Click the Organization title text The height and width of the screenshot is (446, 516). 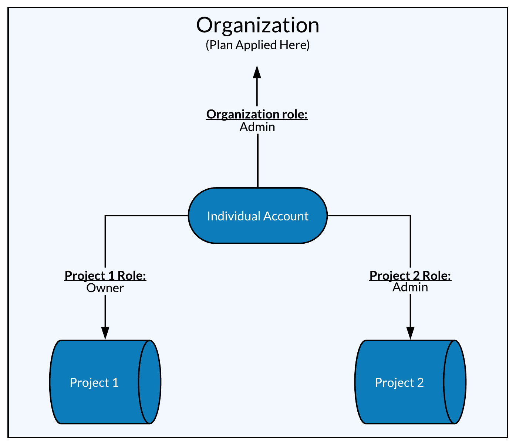pyautogui.click(x=257, y=26)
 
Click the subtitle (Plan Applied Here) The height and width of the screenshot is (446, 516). pyautogui.click(x=257, y=45)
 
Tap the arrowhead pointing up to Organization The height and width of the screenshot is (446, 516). pyautogui.click(x=257, y=72)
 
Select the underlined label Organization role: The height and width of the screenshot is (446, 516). pyautogui.click(x=257, y=114)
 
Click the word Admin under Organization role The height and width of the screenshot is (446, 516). pyautogui.click(x=257, y=127)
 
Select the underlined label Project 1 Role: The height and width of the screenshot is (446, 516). pyautogui.click(x=105, y=276)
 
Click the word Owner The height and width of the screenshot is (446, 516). pyautogui.click(x=105, y=288)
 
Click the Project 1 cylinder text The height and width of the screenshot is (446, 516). pyautogui.click(x=94, y=382)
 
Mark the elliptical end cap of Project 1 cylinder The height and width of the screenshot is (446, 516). pyautogui.click(x=150, y=382)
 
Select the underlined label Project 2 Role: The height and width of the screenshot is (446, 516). pyautogui.click(x=410, y=276)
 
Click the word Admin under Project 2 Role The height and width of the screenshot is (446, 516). pyautogui.click(x=410, y=287)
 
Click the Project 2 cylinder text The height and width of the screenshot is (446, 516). pyautogui.click(x=399, y=382)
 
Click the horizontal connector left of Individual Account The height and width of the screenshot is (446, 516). pyautogui.click(x=148, y=215)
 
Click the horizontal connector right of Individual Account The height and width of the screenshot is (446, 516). pyautogui.click(x=370, y=215)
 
